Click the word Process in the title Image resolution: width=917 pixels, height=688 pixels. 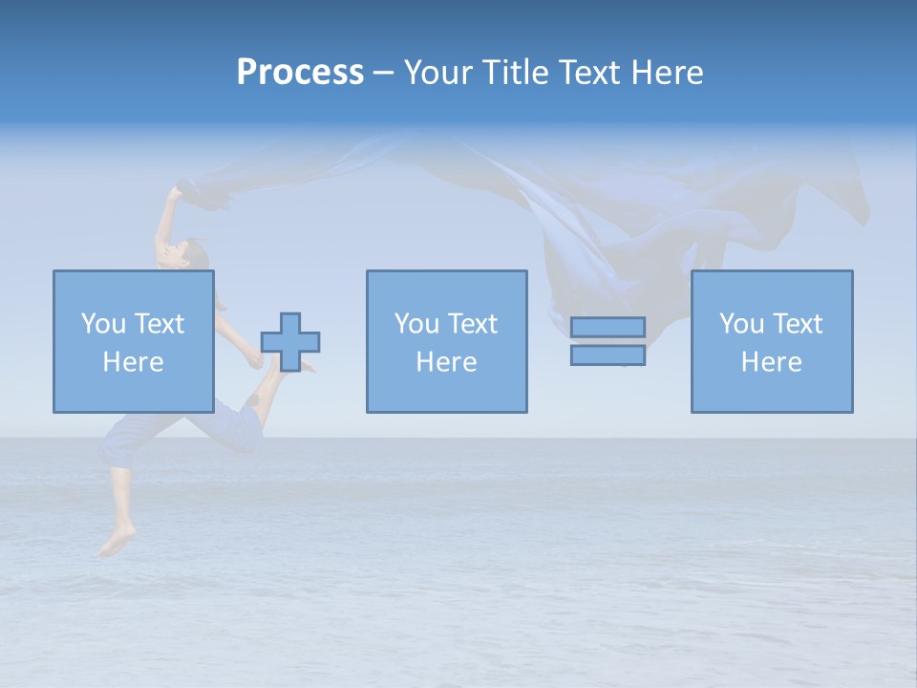[x=300, y=73]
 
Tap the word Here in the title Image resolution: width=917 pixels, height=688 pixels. [x=666, y=73]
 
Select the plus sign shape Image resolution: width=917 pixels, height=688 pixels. [x=290, y=342]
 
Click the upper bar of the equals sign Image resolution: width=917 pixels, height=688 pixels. [x=608, y=327]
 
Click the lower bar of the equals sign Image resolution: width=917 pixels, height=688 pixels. [x=608, y=355]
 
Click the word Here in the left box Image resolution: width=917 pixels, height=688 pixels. [x=133, y=362]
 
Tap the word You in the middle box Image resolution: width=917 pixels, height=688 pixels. [x=416, y=324]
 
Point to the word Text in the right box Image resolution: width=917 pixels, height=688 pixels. [x=798, y=324]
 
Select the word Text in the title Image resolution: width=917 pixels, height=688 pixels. [x=587, y=73]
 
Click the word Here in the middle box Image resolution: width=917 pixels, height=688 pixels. [x=446, y=362]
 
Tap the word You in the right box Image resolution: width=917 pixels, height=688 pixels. [x=741, y=324]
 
